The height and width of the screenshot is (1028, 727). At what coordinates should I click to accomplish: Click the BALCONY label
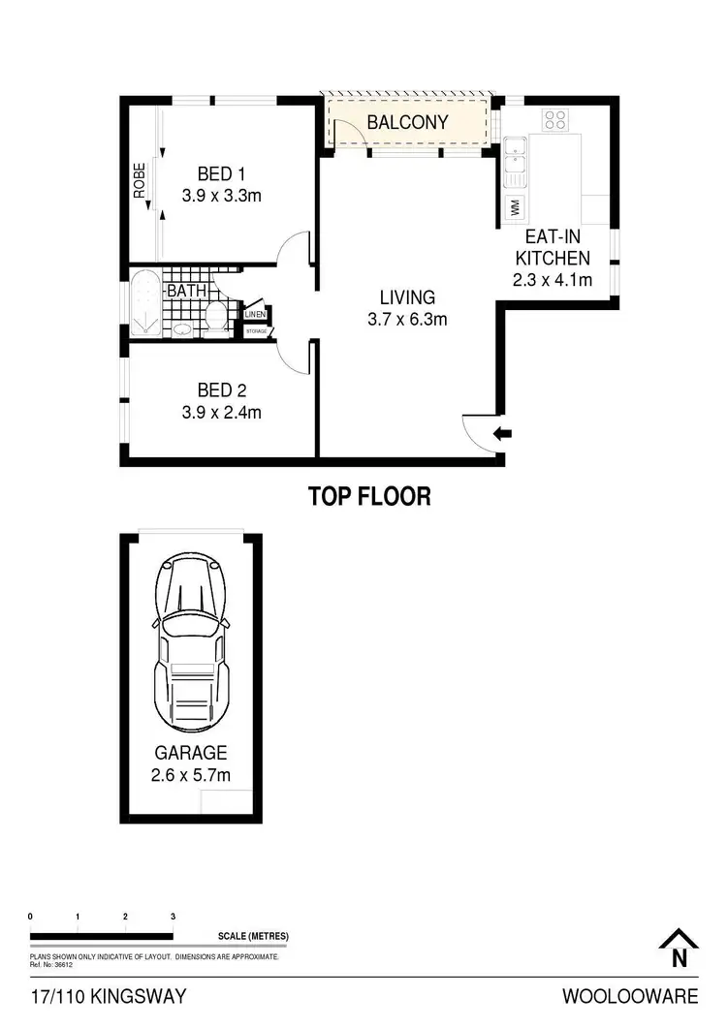[x=407, y=122]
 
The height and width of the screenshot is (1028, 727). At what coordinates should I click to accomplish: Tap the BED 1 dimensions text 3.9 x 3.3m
[x=222, y=195]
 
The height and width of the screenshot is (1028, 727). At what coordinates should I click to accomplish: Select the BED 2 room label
[x=222, y=390]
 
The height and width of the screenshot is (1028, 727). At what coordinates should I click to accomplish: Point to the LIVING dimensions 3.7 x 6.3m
[x=407, y=320]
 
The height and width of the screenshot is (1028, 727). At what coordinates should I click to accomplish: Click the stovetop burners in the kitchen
[x=555, y=120]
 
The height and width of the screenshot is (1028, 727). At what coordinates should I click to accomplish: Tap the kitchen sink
[x=514, y=162]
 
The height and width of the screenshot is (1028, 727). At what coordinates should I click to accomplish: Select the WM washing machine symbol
[x=514, y=206]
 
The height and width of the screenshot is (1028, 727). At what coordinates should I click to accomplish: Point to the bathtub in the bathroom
[x=144, y=304]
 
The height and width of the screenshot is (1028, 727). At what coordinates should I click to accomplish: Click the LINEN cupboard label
[x=255, y=314]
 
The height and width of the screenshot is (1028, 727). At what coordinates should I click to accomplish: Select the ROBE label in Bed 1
[x=140, y=181]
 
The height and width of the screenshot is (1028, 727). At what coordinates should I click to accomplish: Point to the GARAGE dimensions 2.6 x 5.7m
[x=190, y=774]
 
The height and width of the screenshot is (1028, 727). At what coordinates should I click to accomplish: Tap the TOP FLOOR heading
[x=368, y=497]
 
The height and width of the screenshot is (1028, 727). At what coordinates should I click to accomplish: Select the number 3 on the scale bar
[x=173, y=916]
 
